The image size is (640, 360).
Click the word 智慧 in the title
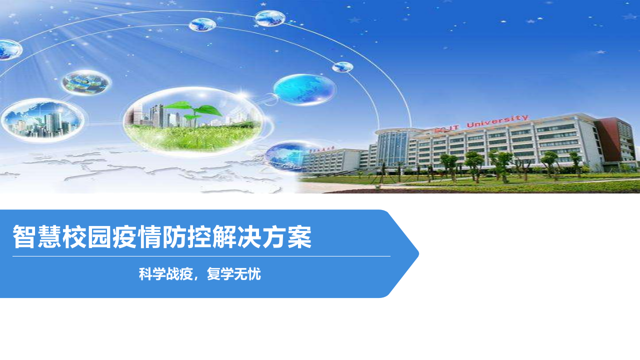tap(37, 237)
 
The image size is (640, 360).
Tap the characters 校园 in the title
tap(87, 237)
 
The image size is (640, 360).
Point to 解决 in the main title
tap(237, 237)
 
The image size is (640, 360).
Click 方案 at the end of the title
tap(287, 237)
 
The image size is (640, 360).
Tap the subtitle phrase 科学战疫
tap(166, 274)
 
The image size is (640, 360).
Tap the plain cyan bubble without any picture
tap(303, 89)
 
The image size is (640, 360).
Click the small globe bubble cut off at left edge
tap(9, 49)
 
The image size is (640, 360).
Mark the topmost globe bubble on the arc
tap(270, 18)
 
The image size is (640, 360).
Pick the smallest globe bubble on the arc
tap(342, 67)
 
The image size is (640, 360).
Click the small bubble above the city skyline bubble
tap(86, 82)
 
